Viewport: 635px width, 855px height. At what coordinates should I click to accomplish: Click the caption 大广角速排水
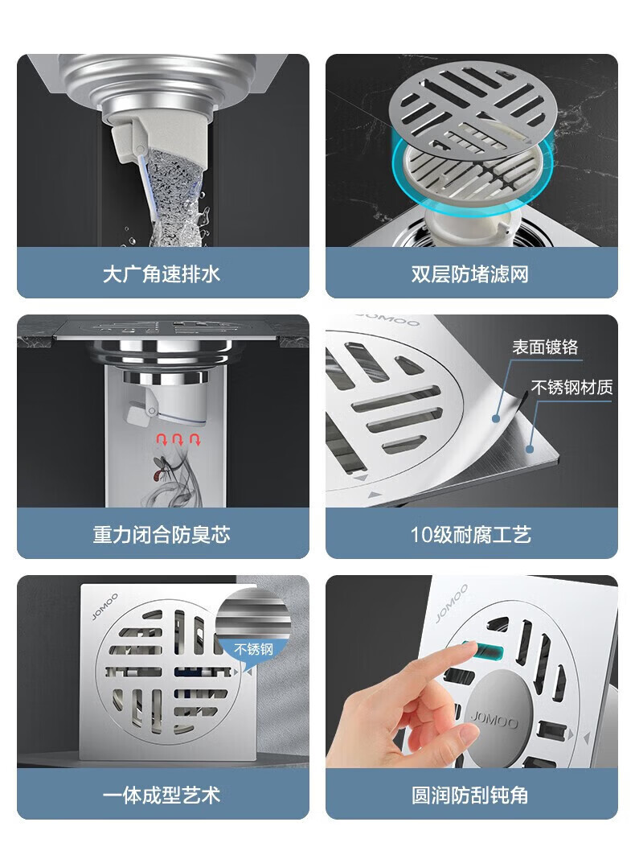162,273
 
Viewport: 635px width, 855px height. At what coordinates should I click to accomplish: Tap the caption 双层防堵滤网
470,273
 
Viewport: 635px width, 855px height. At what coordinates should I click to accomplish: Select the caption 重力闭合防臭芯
162,534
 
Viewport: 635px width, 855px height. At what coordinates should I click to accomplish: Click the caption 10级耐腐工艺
471,534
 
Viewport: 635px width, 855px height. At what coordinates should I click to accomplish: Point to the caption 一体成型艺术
162,795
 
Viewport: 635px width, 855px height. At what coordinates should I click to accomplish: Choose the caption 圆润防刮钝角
470,795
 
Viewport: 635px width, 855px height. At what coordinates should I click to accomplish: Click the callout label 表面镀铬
545,347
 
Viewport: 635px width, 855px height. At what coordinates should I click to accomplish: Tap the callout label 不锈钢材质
571,387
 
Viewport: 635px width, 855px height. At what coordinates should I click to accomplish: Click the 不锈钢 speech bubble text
253,649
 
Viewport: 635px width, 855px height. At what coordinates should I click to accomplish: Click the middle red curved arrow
178,439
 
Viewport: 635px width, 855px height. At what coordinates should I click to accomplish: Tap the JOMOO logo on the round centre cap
494,721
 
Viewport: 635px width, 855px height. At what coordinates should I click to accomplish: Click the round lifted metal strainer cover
471,103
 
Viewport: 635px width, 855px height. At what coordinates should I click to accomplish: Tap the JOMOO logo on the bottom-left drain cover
104,606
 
